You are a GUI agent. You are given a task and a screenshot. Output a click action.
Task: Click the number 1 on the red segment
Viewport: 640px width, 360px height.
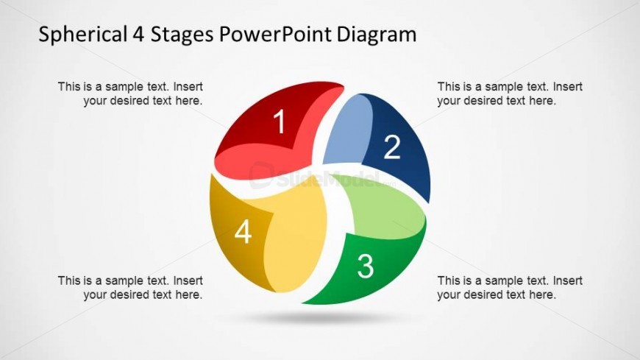[279, 122]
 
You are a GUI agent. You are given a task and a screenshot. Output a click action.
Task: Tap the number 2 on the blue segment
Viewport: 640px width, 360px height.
[392, 148]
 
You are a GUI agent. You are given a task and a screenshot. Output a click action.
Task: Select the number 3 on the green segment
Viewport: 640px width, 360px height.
[365, 266]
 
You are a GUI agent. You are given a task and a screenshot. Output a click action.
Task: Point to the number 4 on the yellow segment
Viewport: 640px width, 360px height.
[243, 233]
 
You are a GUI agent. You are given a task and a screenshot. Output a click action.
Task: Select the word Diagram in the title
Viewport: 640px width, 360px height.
[380, 35]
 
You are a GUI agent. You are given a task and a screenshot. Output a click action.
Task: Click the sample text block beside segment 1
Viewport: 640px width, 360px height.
[131, 93]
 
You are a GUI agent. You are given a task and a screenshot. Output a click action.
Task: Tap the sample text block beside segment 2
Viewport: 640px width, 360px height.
[509, 93]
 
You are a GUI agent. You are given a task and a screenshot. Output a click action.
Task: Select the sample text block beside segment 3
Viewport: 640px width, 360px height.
[509, 288]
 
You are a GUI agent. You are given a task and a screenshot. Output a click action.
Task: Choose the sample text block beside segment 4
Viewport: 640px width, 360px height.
[131, 288]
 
